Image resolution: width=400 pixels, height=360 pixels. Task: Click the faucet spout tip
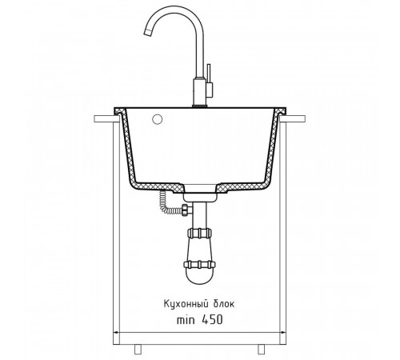click(x=148, y=33)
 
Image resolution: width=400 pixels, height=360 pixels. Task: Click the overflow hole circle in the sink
click(x=158, y=119)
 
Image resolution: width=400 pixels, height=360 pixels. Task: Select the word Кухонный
click(x=186, y=304)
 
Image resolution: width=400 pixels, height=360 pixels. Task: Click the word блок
click(x=224, y=304)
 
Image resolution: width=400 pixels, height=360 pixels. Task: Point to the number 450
click(x=212, y=319)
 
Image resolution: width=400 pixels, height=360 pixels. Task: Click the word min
click(x=186, y=320)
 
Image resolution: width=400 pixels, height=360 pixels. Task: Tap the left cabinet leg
click(x=138, y=350)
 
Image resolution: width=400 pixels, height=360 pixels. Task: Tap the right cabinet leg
click(x=261, y=350)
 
